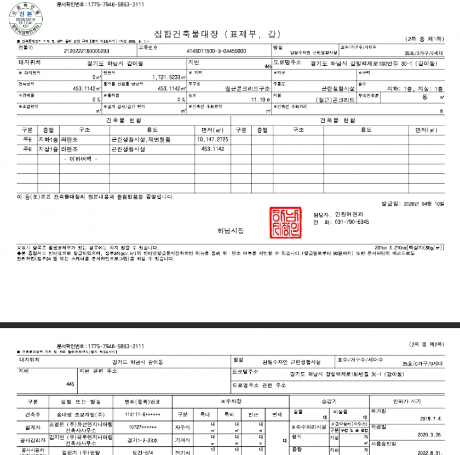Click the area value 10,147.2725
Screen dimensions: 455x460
tap(212, 140)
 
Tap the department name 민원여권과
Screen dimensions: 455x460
tap(348, 214)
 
